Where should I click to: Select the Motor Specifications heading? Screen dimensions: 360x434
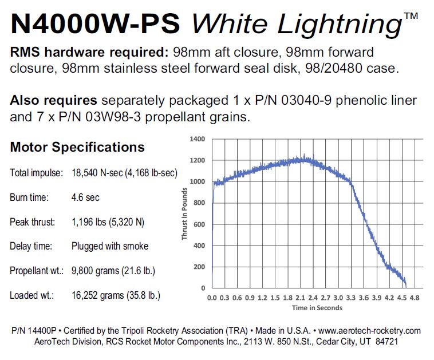[x=77, y=147]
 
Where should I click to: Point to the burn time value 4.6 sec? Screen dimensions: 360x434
[x=85, y=197]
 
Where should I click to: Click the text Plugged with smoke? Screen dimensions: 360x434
[x=110, y=246]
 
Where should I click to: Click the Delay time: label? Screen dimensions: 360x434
[x=31, y=246]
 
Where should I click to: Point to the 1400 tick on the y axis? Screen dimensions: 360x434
[x=198, y=139]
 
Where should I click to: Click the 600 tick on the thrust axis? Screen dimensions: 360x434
[x=200, y=224]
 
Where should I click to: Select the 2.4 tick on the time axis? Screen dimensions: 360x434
[x=313, y=298]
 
